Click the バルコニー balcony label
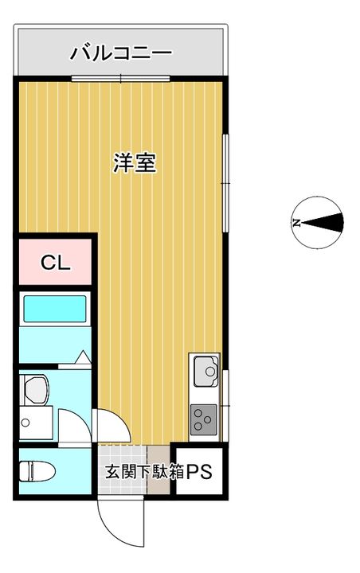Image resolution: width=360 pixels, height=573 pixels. coord(121,53)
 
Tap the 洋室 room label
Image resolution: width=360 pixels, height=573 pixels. coord(135,163)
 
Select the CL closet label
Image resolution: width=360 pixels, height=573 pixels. coord(55,262)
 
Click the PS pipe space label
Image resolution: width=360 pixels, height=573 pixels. coord(199,472)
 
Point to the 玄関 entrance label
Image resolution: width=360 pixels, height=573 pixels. coord(118,472)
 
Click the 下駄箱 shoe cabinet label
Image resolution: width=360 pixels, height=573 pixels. coord(158,472)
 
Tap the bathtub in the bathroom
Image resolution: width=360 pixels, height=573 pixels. coord(55,309)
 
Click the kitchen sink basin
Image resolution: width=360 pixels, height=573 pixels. coord(206,372)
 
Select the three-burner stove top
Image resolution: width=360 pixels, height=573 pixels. coord(203,419)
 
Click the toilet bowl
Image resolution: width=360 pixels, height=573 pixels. coord(37,471)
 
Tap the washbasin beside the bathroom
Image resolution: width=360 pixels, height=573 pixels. coord(36,390)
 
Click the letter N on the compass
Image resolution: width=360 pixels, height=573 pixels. coord(296,223)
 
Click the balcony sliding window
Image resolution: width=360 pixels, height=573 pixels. coord(121,78)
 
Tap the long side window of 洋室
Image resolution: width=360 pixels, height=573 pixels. coord(225,183)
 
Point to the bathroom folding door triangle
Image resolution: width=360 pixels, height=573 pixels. coord(83,357)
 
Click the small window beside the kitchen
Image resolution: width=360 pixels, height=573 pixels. coord(225,406)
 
